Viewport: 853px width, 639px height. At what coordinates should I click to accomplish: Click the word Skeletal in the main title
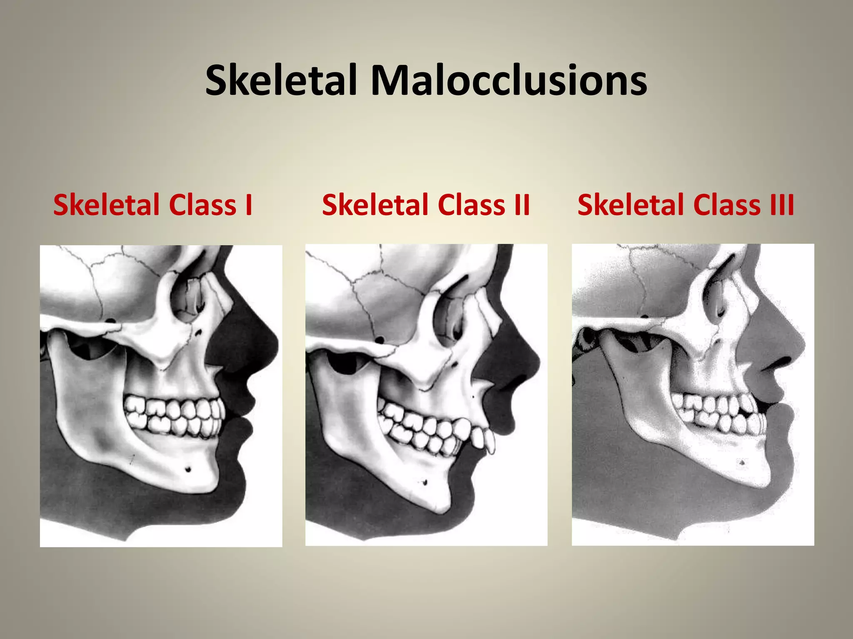(281, 80)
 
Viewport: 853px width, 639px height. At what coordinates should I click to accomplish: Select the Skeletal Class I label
(153, 205)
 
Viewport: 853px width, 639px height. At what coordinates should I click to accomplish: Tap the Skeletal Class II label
(426, 205)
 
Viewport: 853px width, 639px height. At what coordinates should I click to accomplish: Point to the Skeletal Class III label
(686, 205)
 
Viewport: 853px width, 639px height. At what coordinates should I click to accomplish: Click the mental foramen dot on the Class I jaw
(188, 470)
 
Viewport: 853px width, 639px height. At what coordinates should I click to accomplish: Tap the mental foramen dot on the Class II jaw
(425, 483)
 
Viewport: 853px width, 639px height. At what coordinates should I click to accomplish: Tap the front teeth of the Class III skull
(756, 416)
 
